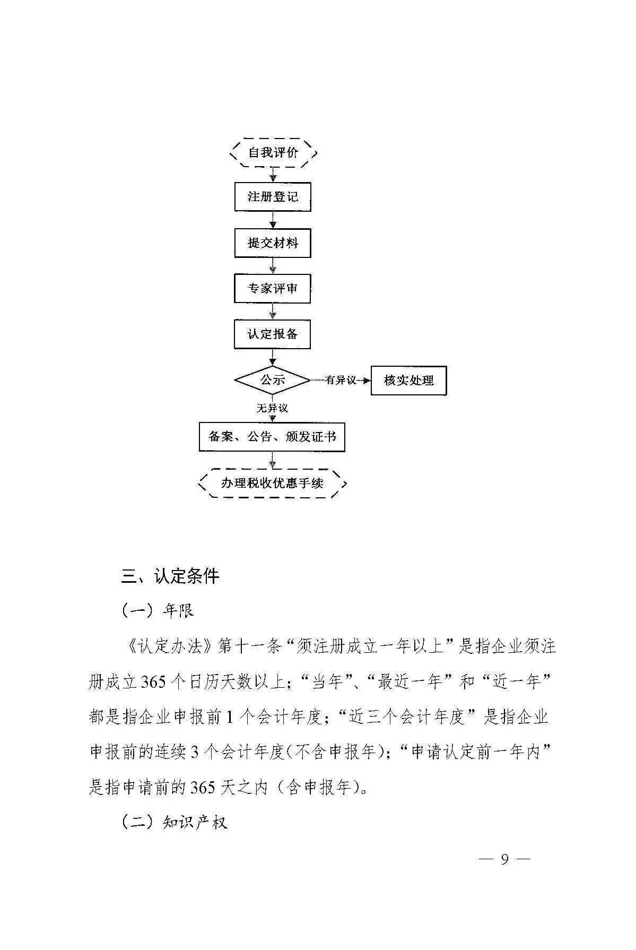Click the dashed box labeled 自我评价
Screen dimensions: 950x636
coord(273,153)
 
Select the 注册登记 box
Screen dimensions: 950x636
coord(273,197)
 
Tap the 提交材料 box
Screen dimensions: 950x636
coord(273,243)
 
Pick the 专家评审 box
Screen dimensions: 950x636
coord(273,289)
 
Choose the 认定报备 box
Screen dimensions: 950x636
coord(273,334)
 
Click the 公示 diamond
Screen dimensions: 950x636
coord(272,380)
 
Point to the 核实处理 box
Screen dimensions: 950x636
coord(408,380)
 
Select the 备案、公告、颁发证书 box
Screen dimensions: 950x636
coord(272,437)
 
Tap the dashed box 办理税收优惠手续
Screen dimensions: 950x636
coord(272,483)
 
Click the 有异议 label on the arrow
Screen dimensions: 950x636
coord(340,380)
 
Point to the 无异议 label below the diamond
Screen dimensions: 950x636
coord(272,408)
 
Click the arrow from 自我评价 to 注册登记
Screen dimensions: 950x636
coord(273,175)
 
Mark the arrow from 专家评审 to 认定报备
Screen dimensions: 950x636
coord(273,312)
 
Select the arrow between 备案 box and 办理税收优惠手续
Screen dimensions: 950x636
coord(273,460)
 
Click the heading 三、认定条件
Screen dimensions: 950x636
coord(170,576)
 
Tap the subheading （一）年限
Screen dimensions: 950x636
coord(158,611)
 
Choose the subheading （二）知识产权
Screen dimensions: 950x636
coord(175,823)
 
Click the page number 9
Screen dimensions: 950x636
coord(504,874)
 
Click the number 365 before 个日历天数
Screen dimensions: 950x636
coord(154,682)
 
